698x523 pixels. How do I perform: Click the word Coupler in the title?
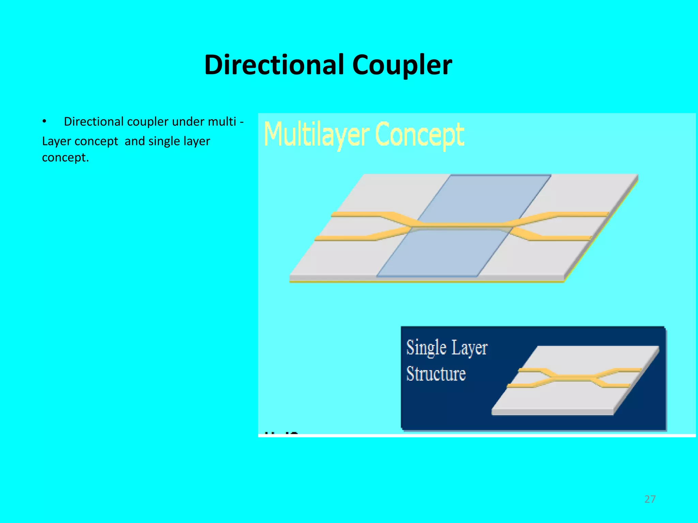402,65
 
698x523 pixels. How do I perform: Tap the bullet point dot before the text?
44,122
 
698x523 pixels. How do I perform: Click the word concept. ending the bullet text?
65,158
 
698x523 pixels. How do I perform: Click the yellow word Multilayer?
317,135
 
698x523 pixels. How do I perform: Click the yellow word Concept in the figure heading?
420,135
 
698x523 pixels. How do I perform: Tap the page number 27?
650,499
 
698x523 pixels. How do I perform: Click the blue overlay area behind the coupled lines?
484,197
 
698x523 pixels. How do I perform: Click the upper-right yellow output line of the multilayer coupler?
579,214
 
